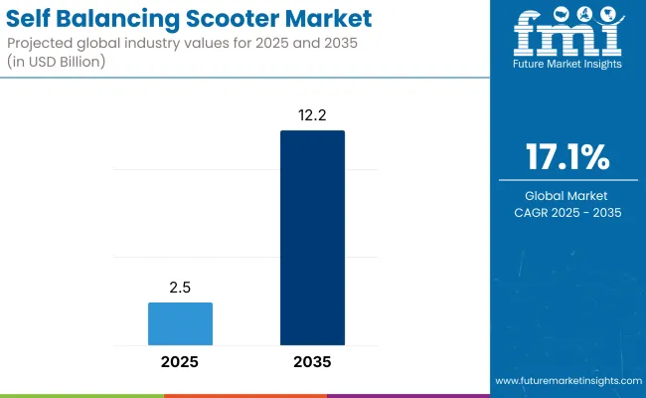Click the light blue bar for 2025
click(180, 323)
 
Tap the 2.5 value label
click(180, 288)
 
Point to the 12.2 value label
click(312, 115)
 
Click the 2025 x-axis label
click(180, 362)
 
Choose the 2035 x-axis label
click(312, 362)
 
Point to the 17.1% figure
click(566, 158)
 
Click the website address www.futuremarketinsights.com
click(567, 381)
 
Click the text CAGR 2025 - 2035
click(566, 212)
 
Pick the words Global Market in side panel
click(566, 196)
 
